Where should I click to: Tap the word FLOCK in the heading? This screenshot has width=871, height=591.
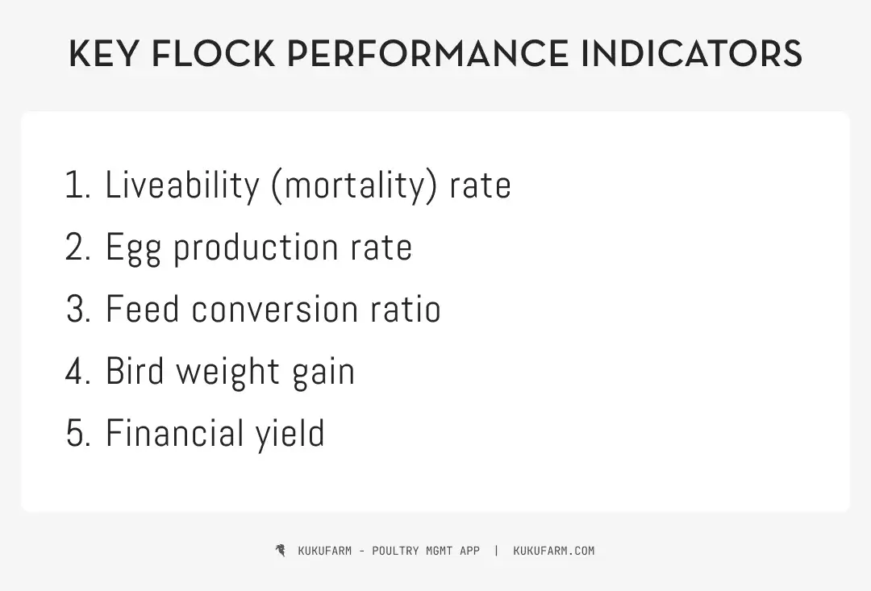[212, 54]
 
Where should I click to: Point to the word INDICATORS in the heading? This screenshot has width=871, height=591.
[691, 54]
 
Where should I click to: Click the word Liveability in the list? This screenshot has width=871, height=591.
[182, 185]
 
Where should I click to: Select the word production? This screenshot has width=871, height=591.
[257, 248]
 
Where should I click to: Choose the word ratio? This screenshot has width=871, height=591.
[406, 310]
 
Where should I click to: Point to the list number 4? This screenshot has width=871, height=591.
[76, 372]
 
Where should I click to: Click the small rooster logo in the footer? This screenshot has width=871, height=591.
[280, 551]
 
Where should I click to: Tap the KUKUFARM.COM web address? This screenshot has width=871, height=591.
[553, 551]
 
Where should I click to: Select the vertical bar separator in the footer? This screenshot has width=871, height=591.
[496, 551]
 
